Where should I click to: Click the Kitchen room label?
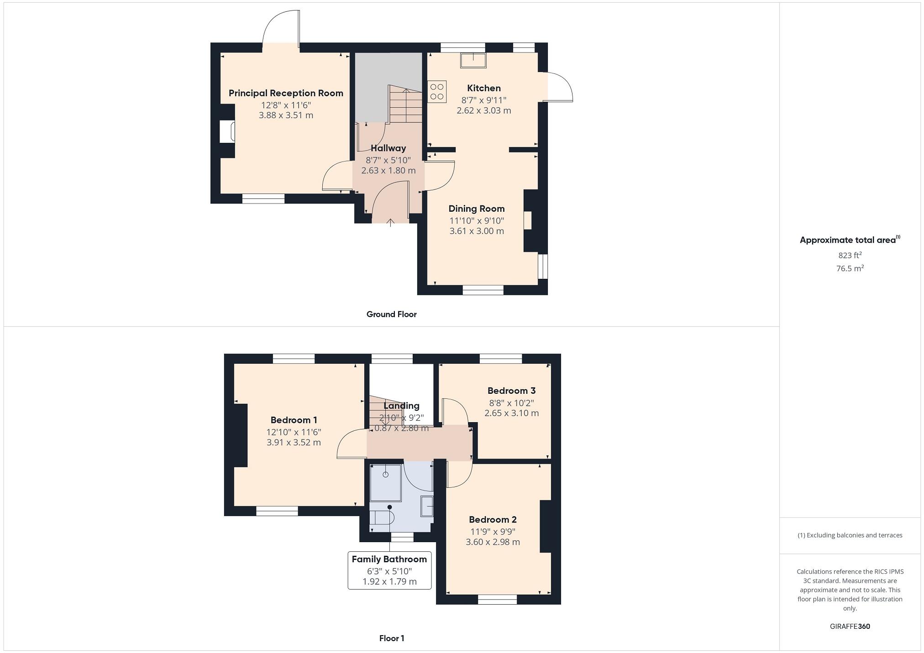tap(483, 88)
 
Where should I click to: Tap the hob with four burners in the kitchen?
tap(437, 91)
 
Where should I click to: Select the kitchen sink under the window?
tap(473, 60)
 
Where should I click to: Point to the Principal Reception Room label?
tap(286, 93)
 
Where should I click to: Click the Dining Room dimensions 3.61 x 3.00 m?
tap(477, 231)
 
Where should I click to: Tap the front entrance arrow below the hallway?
tap(390, 222)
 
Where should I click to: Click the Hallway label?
tap(388, 148)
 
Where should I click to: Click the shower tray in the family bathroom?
tap(385, 483)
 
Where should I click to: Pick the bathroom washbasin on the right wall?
tap(426, 507)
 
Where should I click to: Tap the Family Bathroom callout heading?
tap(389, 559)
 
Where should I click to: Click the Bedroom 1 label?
tap(294, 420)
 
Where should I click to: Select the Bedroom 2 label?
tap(493, 519)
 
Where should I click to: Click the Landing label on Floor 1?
tap(401, 406)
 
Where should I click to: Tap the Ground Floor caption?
tap(391, 314)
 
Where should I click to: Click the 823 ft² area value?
tap(850, 256)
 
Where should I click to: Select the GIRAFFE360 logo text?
tap(850, 626)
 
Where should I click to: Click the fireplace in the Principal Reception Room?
tap(227, 131)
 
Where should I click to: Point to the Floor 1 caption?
tap(391, 638)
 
